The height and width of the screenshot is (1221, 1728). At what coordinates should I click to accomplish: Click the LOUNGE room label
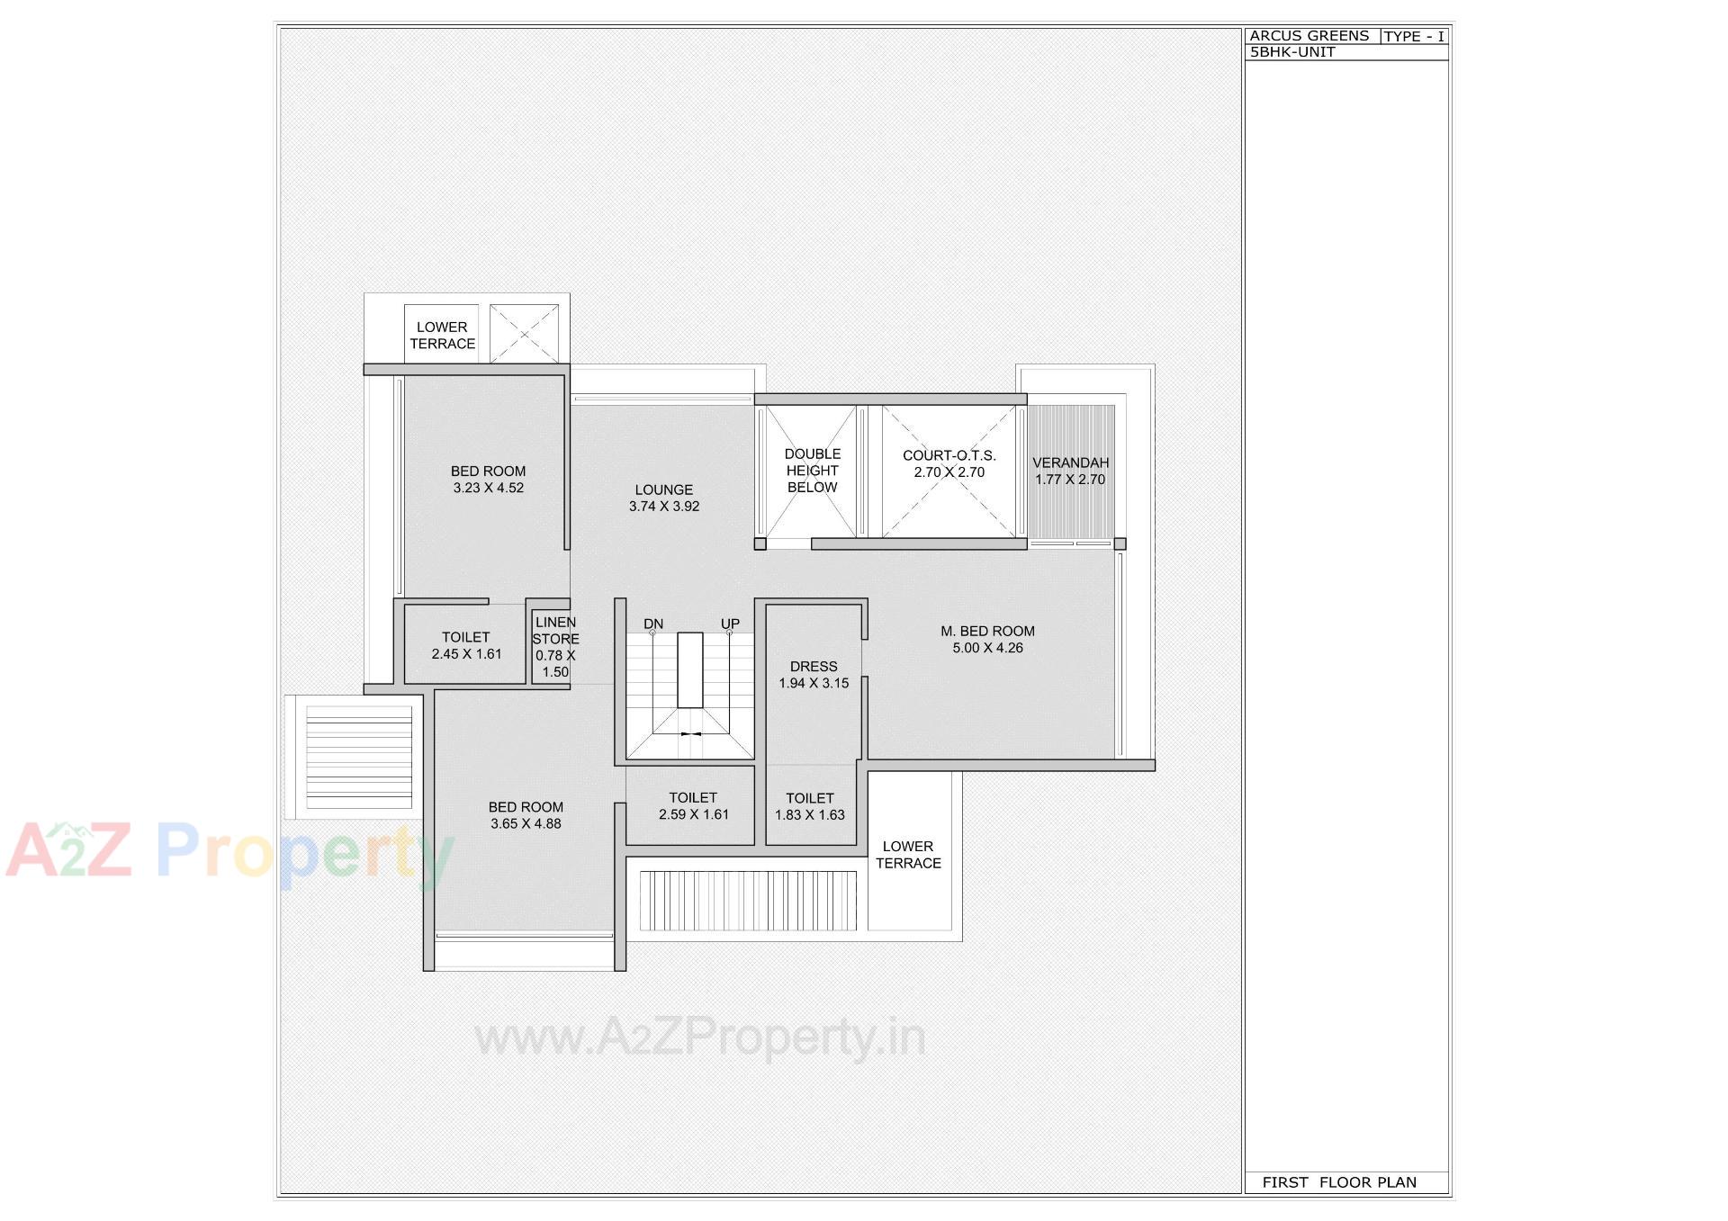(663, 489)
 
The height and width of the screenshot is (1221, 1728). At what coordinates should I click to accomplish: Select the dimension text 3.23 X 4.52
(488, 488)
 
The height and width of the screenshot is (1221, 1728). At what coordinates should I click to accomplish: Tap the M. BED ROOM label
(987, 631)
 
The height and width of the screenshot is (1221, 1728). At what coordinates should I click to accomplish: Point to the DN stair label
(653, 624)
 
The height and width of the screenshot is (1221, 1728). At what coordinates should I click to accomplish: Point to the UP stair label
(730, 624)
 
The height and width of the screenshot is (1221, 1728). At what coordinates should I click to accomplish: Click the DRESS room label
(814, 667)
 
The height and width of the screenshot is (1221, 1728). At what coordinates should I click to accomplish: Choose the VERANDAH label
(1070, 462)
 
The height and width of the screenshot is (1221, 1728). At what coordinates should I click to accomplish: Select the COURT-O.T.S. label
(949, 455)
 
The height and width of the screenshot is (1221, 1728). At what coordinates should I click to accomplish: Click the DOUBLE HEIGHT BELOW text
(813, 471)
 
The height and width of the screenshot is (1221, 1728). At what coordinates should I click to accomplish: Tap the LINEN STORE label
(555, 631)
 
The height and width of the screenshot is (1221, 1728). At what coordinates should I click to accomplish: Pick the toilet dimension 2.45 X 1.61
(466, 654)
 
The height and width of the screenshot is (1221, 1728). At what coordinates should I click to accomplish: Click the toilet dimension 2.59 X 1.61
(693, 814)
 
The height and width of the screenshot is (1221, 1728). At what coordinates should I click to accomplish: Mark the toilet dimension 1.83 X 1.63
(810, 815)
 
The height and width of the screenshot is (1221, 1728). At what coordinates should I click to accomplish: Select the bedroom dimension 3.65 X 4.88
(526, 823)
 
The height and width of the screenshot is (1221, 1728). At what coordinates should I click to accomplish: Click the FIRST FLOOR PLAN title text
(1339, 1182)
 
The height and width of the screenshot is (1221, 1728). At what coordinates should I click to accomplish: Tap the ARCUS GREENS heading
(1309, 36)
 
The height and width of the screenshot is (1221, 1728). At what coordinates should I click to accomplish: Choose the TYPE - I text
(1414, 37)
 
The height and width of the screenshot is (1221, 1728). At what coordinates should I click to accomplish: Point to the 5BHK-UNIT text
(1292, 52)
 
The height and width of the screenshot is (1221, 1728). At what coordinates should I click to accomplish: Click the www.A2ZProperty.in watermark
(700, 1037)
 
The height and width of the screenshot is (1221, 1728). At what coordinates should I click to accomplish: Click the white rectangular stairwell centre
(690, 669)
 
